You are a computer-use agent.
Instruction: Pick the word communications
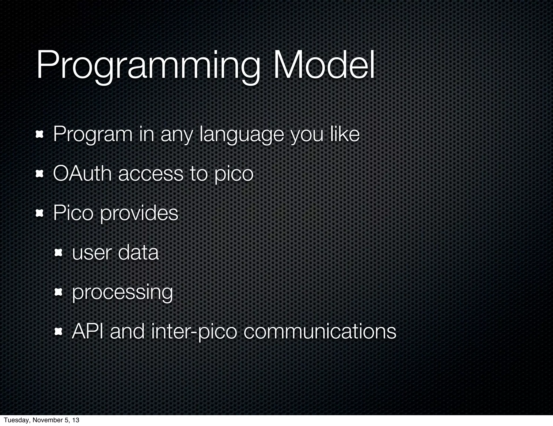point(320,331)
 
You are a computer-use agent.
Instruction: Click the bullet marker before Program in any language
point(40,134)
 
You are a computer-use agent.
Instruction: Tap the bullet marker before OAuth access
point(40,174)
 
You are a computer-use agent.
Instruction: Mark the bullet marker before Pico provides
point(40,214)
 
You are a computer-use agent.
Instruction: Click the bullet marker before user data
point(58,253)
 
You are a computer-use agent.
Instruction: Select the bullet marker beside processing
point(58,292)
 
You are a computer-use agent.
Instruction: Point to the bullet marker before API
point(58,332)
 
